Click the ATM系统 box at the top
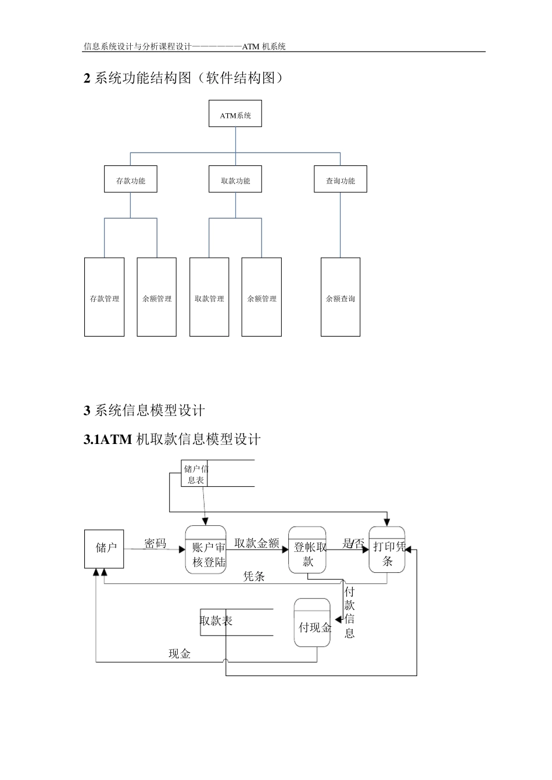[235, 114]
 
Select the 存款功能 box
[130, 179]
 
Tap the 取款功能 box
[235, 179]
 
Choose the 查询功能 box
[340, 179]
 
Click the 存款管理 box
[105, 297]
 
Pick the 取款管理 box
[209, 297]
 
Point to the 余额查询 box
[340, 297]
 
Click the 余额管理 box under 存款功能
[157, 297]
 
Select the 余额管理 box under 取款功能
[261, 297]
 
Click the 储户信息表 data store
[195, 474]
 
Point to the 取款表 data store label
[216, 621]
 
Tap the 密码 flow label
[155, 543]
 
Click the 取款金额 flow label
[257, 543]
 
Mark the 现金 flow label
[180, 654]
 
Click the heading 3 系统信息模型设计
[145, 411]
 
